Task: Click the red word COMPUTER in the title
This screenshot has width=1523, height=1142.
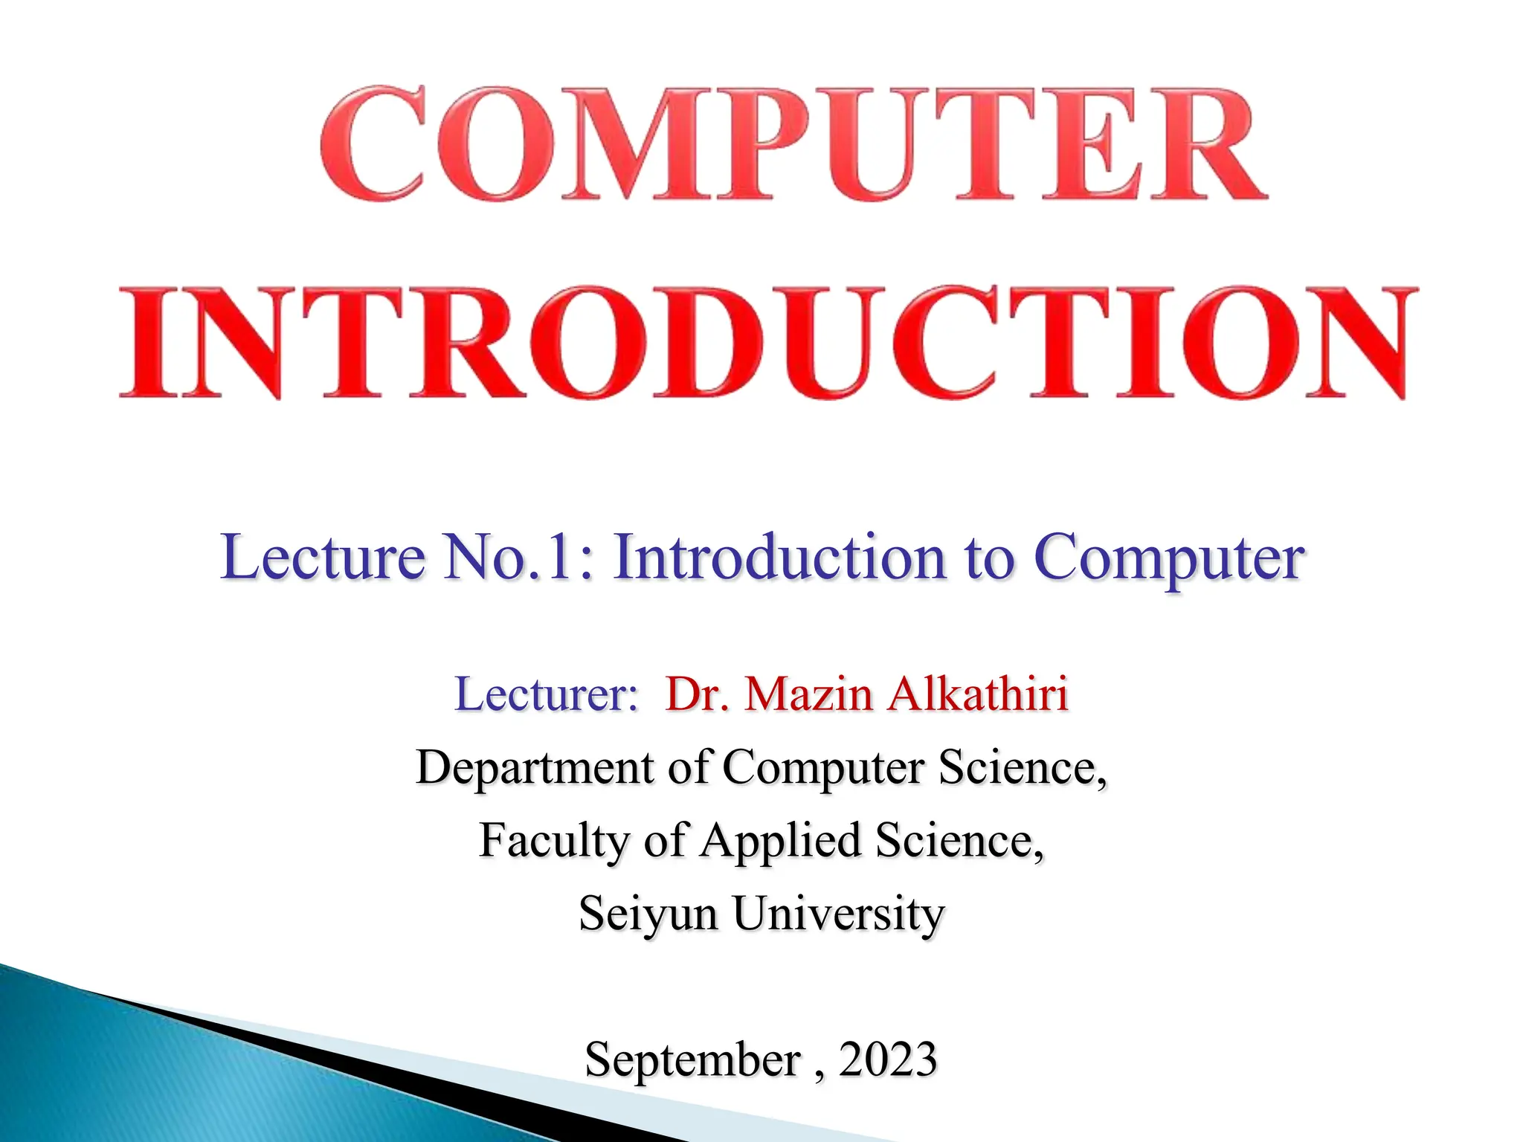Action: point(793,144)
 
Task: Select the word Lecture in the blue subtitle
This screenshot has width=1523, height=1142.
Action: point(322,558)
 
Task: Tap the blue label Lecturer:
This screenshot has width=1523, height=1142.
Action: point(547,694)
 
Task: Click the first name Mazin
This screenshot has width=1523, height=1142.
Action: point(808,694)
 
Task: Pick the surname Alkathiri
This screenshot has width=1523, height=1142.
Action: point(978,694)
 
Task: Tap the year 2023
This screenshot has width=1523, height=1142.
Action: point(888,1059)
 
